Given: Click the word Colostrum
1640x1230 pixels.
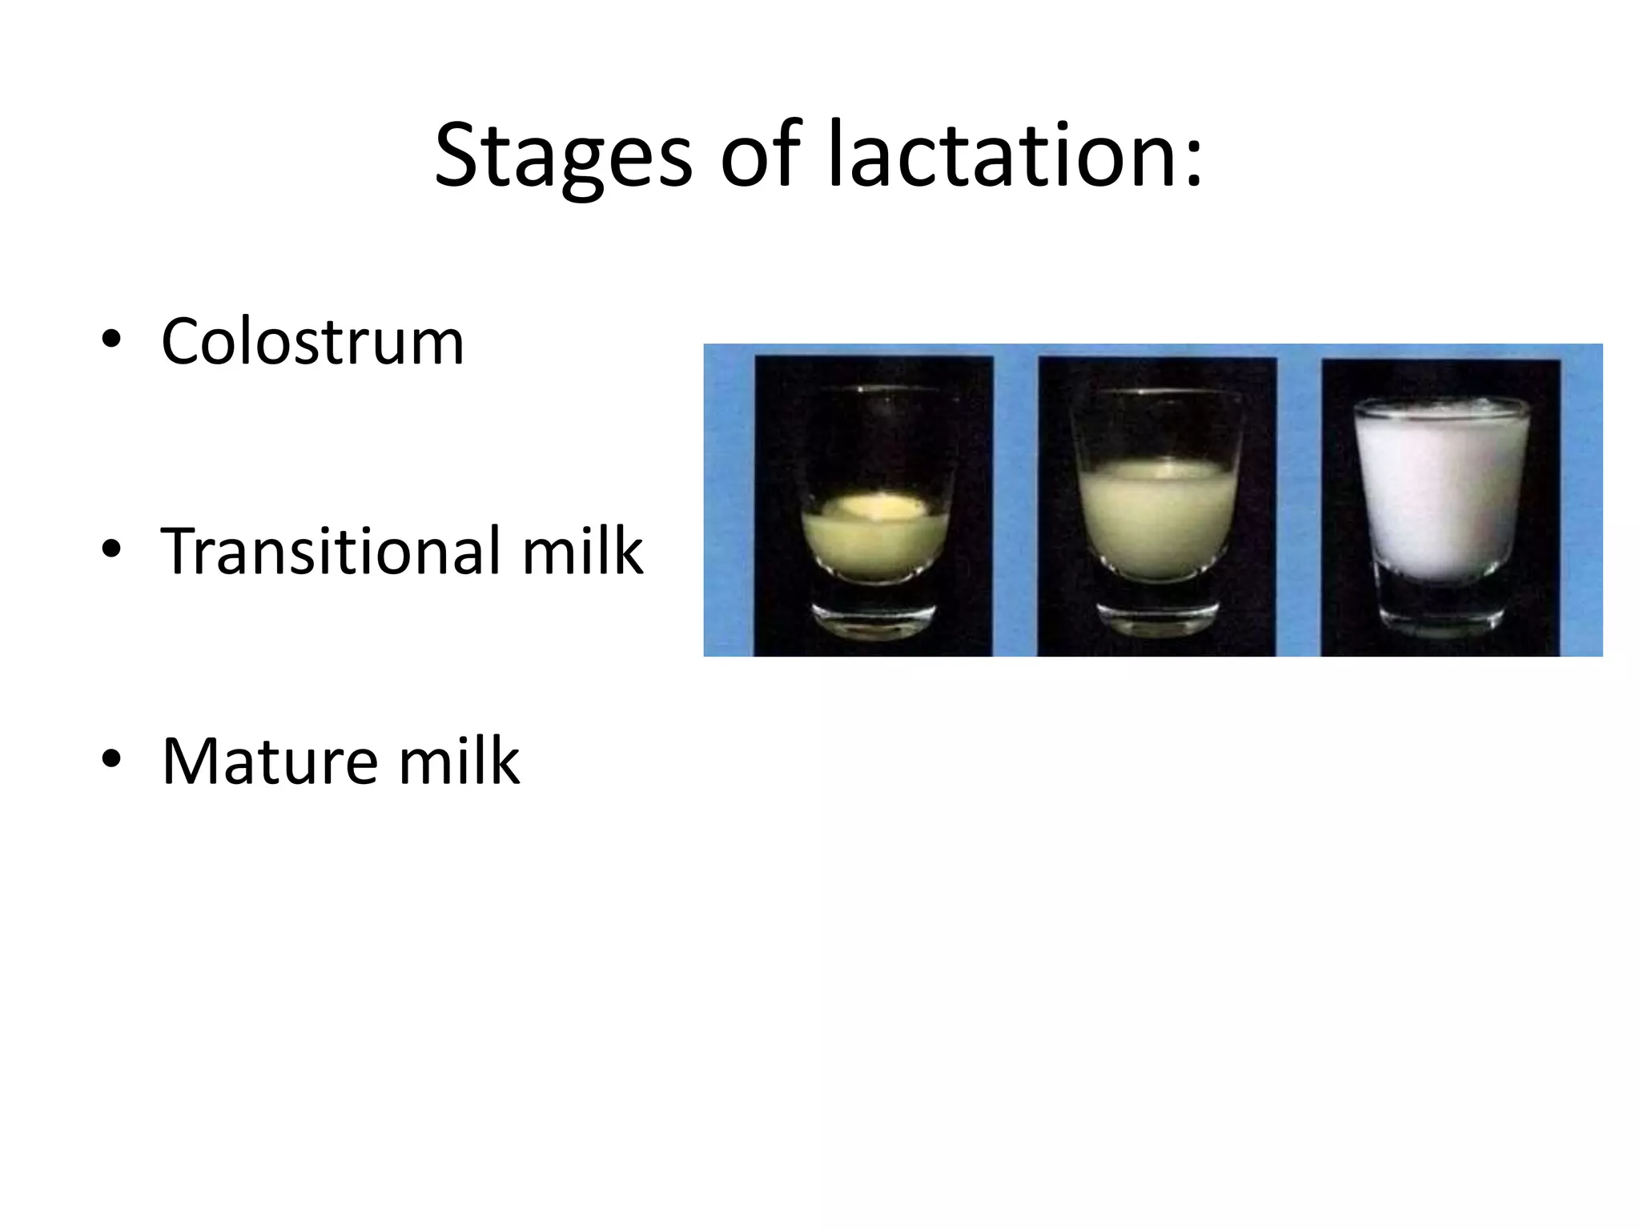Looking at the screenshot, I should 312,342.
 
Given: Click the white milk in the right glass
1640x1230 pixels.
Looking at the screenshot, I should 1441,496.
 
